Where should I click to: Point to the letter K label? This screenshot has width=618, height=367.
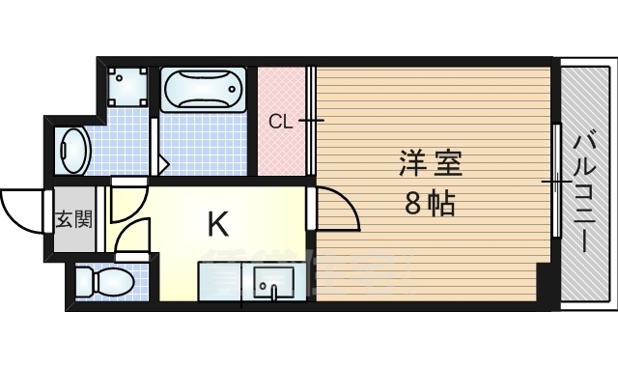click(218, 225)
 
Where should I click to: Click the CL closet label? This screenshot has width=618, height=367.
click(280, 121)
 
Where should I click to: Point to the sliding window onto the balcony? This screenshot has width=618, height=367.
click(557, 182)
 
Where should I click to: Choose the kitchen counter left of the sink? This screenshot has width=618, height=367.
click(224, 282)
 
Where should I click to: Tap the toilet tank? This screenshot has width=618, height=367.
click(83, 282)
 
